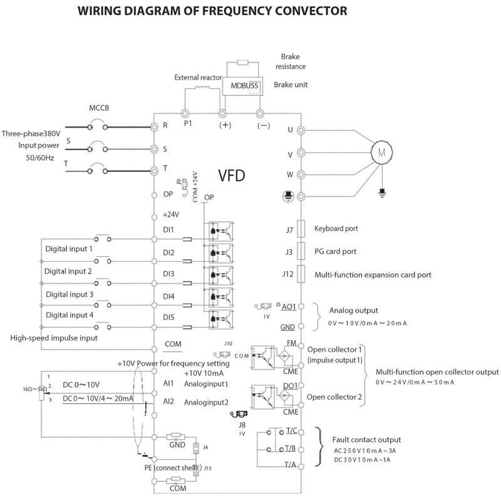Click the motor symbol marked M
pyautogui.click(x=381, y=152)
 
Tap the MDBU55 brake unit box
pyautogui.click(x=241, y=85)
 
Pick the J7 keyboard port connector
pyautogui.click(x=301, y=229)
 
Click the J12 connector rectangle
pyautogui.click(x=301, y=274)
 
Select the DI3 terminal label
pyautogui.click(x=168, y=274)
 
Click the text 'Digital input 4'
pyautogui.click(x=69, y=315)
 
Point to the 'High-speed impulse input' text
pyautogui.click(x=54, y=338)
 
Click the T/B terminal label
pyautogui.click(x=291, y=448)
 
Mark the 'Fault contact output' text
pyautogui.click(x=366, y=439)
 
